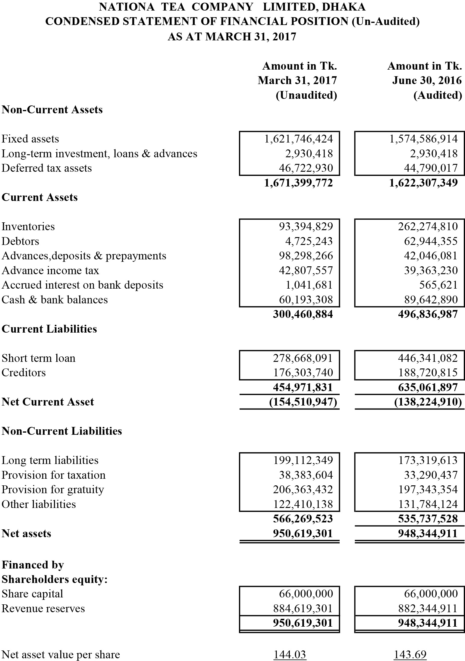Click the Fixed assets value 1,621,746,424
click(298, 139)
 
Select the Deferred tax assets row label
click(47, 168)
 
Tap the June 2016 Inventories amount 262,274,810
click(428, 227)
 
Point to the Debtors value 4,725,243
click(309, 241)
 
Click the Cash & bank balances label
click(55, 300)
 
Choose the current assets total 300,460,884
click(303, 314)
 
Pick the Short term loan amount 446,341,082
click(428, 358)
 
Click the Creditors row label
click(24, 373)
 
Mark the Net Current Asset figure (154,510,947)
click(303, 402)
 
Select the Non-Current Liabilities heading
click(62, 431)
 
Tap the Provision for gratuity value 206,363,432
click(303, 490)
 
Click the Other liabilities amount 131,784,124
click(428, 504)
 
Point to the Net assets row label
click(26, 534)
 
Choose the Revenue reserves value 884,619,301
click(303, 609)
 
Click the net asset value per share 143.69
click(410, 655)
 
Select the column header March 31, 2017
click(297, 80)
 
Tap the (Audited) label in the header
click(438, 95)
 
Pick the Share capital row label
click(32, 594)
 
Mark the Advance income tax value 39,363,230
click(431, 271)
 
